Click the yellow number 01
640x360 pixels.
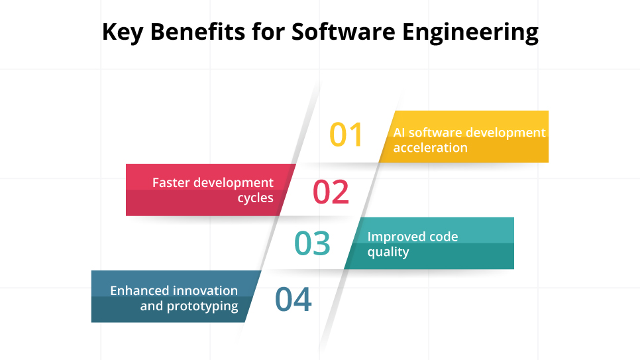[347, 135]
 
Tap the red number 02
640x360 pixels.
[331, 192]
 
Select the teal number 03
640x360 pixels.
[313, 243]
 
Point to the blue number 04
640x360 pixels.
[293, 300]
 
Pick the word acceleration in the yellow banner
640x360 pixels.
[430, 148]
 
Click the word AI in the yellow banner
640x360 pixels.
[400, 132]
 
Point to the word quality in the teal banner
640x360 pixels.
[388, 253]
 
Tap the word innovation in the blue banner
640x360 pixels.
[206, 290]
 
